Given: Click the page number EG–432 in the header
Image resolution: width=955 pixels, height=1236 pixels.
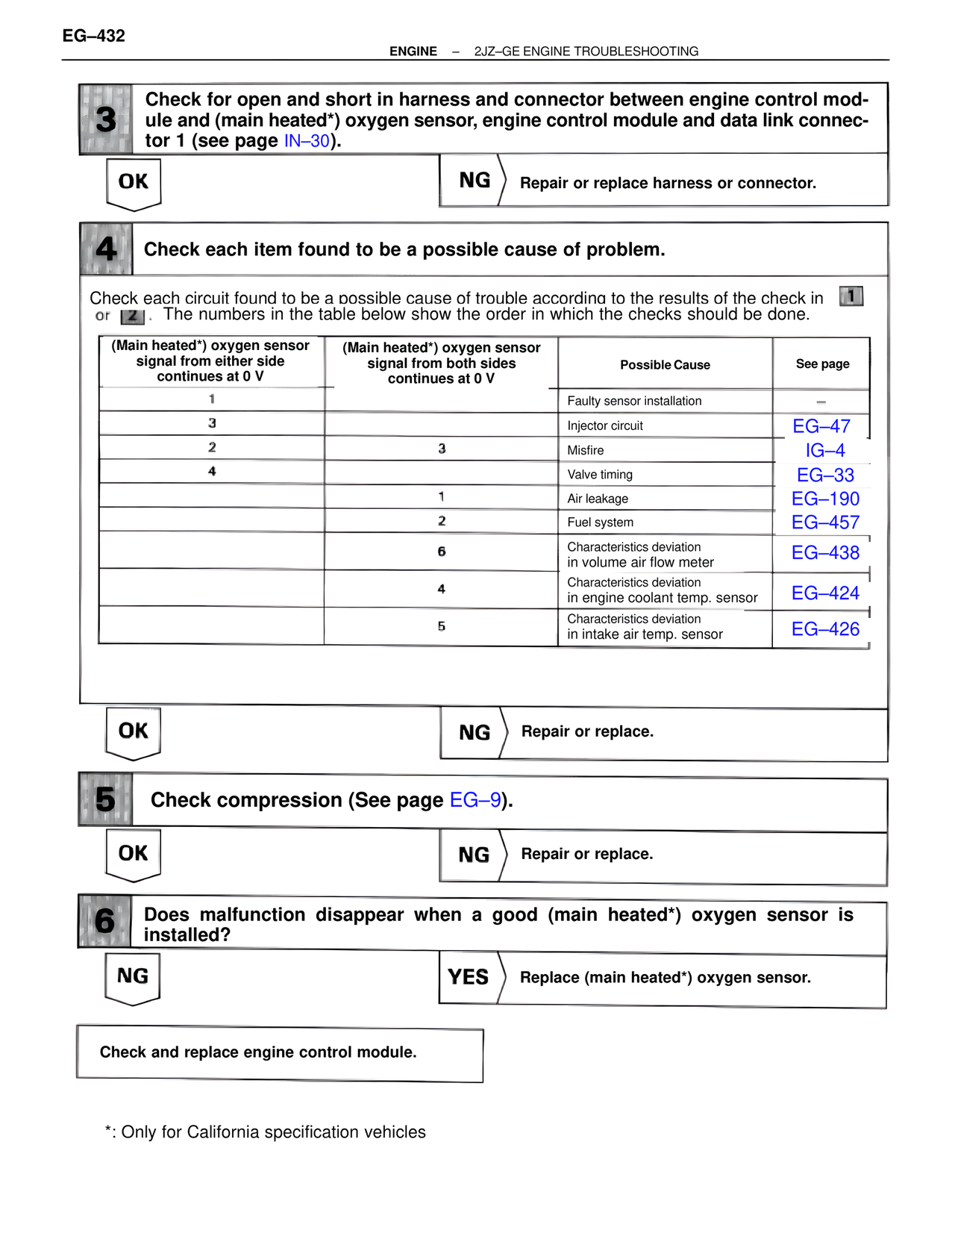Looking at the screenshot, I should [93, 36].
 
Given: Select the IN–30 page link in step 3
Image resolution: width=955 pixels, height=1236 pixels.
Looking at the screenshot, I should [307, 141].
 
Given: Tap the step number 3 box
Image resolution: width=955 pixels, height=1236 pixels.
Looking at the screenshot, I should [106, 119].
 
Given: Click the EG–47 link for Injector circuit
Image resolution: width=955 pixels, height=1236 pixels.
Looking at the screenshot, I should [821, 426].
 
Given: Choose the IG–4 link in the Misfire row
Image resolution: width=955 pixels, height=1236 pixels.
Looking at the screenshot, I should [824, 451].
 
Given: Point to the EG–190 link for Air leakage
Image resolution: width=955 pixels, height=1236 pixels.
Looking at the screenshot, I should [825, 499].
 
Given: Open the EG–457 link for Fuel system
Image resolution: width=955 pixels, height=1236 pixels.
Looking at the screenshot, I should [825, 522].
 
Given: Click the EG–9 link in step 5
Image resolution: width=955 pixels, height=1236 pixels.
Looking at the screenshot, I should [475, 800].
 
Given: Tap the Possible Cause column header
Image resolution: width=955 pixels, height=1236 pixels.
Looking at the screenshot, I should [665, 365].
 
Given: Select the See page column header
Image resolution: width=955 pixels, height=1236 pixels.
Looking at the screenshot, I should [822, 364].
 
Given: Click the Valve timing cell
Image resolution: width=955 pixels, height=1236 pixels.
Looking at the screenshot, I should [600, 475].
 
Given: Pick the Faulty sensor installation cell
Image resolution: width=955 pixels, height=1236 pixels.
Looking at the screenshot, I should [634, 401].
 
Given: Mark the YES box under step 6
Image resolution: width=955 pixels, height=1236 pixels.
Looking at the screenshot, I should [469, 977].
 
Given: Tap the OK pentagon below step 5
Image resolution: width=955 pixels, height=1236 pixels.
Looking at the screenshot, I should [134, 854].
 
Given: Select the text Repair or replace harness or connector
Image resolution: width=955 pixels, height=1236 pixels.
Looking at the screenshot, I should [668, 184].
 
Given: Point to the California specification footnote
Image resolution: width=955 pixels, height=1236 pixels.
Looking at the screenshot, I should [266, 1132].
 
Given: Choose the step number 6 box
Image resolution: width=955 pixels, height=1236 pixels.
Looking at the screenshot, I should [105, 921].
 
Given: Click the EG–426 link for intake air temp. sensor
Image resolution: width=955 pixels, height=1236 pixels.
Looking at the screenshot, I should [825, 629].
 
